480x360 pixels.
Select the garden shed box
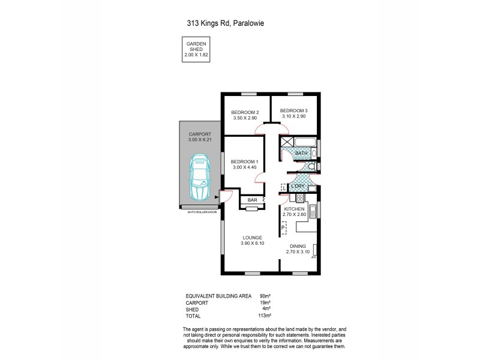click(197, 50)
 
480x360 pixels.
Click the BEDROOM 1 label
click(244, 161)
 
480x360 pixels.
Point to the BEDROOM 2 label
click(245, 113)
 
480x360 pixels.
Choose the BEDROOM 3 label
click(293, 110)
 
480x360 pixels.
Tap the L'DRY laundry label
click(299, 187)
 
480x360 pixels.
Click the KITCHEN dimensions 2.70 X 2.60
click(295, 214)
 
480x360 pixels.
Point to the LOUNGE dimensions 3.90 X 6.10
click(252, 244)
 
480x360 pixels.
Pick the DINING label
click(298, 246)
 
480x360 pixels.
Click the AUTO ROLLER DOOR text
click(201, 212)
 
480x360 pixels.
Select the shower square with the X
click(286, 142)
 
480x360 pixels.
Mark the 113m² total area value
click(266, 315)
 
